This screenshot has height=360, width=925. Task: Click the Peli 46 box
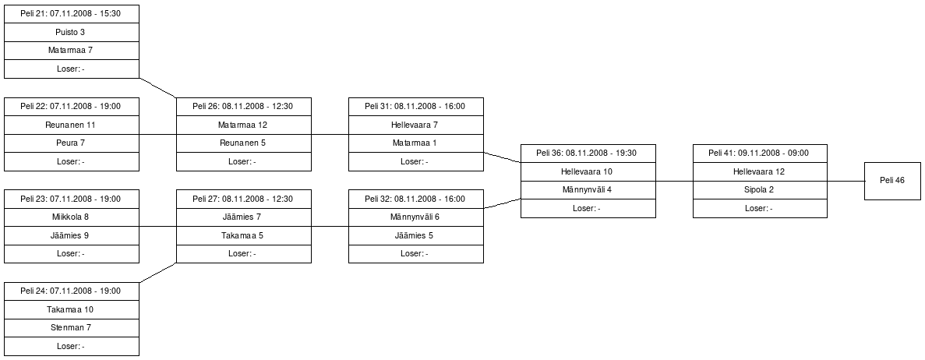pos(892,181)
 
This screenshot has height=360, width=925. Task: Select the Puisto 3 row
pos(72,32)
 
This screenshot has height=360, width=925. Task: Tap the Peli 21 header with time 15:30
pos(72,13)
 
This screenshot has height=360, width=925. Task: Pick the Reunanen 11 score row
pos(72,125)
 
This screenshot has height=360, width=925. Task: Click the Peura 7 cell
pos(72,143)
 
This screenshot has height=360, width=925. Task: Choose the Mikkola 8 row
pos(72,217)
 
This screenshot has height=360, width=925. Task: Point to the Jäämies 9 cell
pos(72,235)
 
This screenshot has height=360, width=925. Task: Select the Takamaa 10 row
pos(72,309)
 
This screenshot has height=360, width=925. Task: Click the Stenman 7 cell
pos(72,327)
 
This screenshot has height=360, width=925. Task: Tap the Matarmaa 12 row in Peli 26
pos(244,125)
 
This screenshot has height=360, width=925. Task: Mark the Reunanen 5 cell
pos(244,143)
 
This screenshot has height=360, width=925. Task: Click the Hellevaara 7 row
pos(416,125)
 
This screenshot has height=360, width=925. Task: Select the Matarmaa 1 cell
pos(416,143)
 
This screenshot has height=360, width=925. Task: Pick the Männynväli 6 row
pos(416,217)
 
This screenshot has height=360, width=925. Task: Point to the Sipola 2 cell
pos(760,189)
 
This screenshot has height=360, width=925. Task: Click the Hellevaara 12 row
pos(760,171)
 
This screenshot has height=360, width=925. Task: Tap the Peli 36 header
pos(588,153)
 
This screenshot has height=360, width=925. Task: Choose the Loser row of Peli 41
pos(760,208)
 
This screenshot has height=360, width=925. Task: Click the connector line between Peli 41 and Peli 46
pos(846,182)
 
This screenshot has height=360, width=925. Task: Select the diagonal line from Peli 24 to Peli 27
pos(158,273)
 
